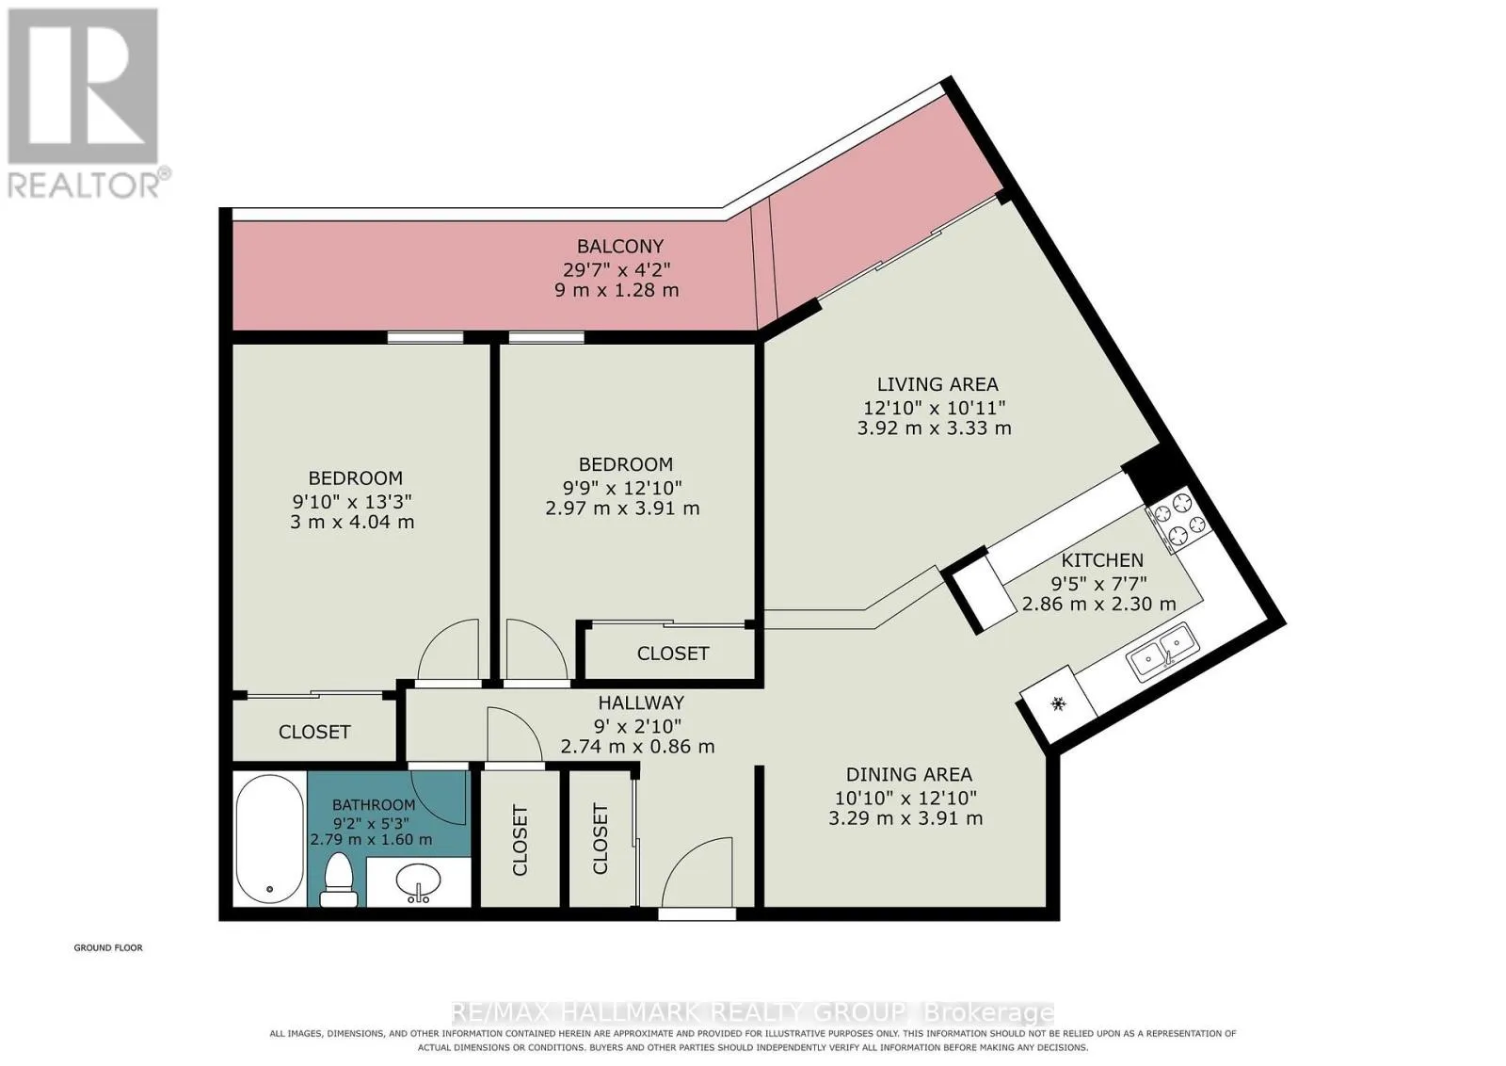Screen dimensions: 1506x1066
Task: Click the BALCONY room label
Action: (x=620, y=246)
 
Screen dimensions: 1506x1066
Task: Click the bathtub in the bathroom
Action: (x=269, y=839)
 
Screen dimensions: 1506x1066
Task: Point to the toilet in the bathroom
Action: (x=338, y=880)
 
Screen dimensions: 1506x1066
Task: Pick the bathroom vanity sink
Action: (x=418, y=881)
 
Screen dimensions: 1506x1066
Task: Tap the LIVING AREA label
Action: (x=937, y=385)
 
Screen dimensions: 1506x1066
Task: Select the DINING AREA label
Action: (x=909, y=775)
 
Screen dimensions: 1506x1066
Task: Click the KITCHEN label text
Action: (x=1102, y=560)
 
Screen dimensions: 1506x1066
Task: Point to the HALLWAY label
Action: (x=641, y=703)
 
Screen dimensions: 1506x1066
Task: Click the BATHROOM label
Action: (x=374, y=804)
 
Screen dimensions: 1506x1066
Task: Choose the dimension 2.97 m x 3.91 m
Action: (x=622, y=509)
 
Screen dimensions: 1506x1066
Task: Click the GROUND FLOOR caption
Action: (x=108, y=947)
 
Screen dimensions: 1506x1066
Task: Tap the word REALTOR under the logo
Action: (x=84, y=185)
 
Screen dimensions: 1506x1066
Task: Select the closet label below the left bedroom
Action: (x=314, y=732)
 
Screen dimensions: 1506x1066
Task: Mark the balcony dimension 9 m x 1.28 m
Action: (x=617, y=291)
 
